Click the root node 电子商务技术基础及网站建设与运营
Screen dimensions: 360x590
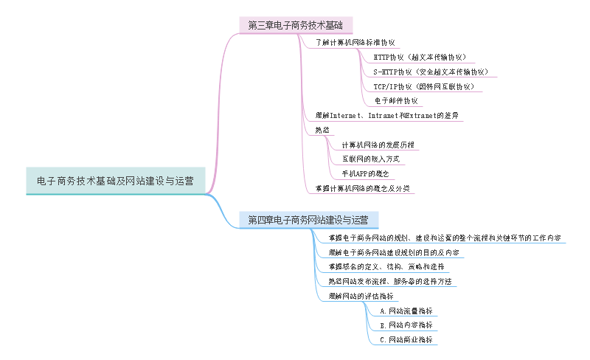pyautogui.click(x=115, y=181)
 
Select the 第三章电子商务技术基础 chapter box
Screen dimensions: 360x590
pyautogui.click(x=296, y=25)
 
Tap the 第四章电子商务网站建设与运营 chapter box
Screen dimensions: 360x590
pyautogui.click(x=308, y=219)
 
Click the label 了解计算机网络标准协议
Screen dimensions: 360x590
pyautogui.click(x=355, y=43)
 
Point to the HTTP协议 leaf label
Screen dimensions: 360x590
pyautogui.click(x=419, y=57)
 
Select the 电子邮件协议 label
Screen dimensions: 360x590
pyautogui.click(x=396, y=101)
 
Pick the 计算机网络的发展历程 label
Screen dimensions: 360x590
pyautogui.click(x=378, y=145)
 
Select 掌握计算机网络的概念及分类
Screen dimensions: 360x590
pyautogui.click(x=361, y=188)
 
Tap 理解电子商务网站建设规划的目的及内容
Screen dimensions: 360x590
pyautogui.click(x=394, y=252)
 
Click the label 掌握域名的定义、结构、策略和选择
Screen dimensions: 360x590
pyautogui.click(x=386, y=266)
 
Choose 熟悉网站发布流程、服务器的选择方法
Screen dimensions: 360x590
pyautogui.click(x=389, y=281)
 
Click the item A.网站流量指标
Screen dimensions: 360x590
pyautogui.click(x=405, y=311)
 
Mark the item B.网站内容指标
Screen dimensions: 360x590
pyautogui.click(x=405, y=325)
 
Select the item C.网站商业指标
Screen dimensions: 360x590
pyautogui.click(x=405, y=339)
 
